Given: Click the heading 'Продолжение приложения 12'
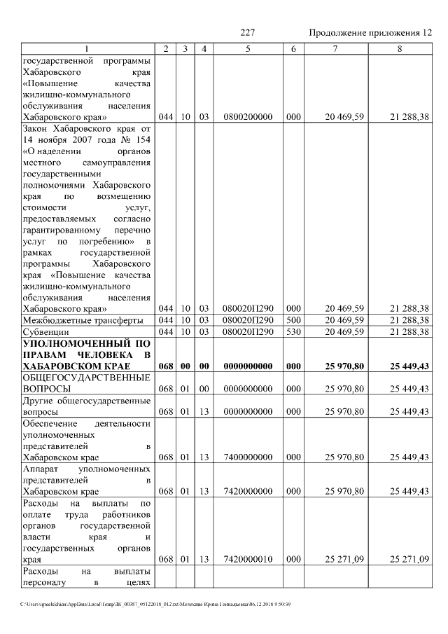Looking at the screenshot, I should tap(370, 33).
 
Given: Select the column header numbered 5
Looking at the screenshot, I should tap(248, 48).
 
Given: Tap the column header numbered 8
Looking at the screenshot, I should tap(400, 48).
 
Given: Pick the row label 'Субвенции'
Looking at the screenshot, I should tap(45, 331).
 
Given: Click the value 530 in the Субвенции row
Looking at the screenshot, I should tap(293, 331).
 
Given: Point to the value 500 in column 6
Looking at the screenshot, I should tap(293, 319).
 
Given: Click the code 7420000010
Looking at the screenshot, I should tap(248, 559).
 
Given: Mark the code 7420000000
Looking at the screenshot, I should tap(248, 492).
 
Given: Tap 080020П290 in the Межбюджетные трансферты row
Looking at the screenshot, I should tap(248, 319).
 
